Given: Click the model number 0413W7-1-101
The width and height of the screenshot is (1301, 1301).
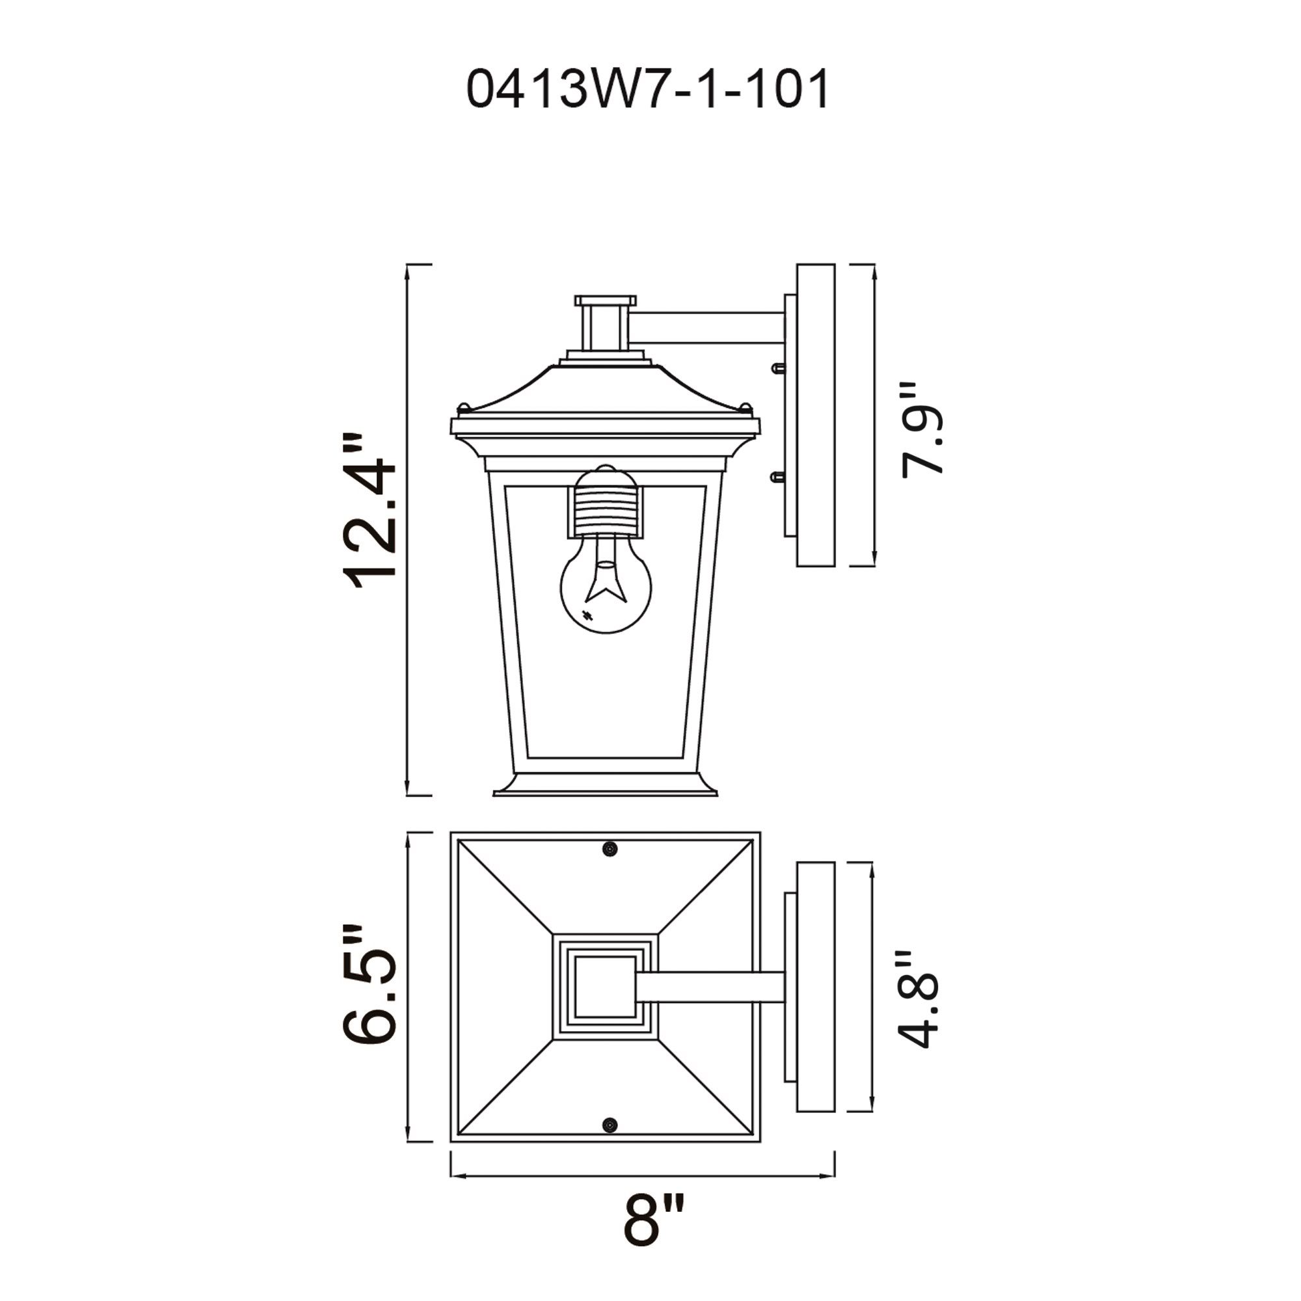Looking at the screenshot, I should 648,90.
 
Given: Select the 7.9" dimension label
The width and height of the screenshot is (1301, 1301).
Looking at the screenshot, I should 922,431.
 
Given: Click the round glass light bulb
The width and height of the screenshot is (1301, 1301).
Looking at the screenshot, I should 606,593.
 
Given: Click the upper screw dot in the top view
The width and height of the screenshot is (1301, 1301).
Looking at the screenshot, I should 610,849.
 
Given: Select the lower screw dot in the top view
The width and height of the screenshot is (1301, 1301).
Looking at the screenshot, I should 610,1125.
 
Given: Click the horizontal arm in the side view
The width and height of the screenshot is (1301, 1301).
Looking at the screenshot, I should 707,328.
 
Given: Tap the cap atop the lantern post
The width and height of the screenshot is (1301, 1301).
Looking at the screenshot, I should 605,301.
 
